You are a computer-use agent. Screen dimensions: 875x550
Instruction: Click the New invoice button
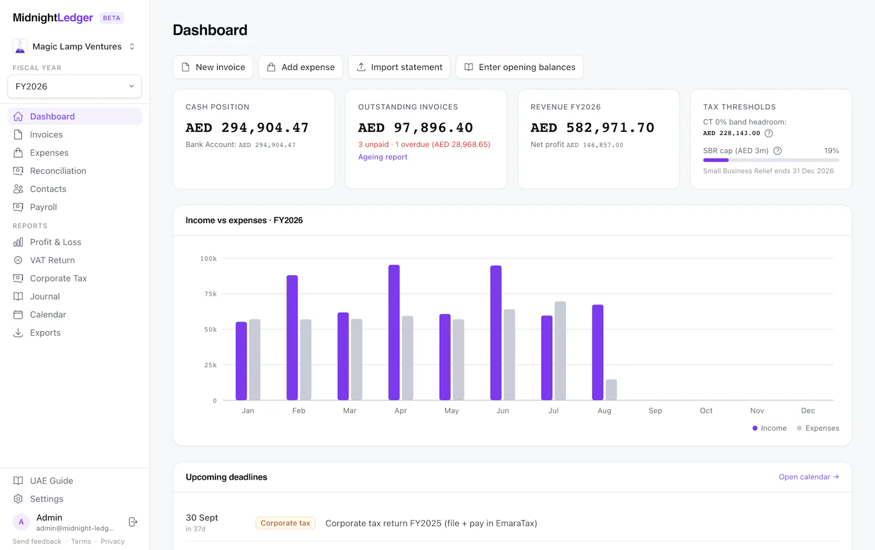click(x=213, y=67)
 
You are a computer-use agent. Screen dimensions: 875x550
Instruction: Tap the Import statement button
click(x=399, y=67)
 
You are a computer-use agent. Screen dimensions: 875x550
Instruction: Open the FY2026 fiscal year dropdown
click(x=74, y=86)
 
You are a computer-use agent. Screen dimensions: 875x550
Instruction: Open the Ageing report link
click(x=382, y=157)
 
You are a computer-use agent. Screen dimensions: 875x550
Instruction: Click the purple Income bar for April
click(x=394, y=332)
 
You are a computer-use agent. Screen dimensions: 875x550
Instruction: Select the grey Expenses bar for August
click(x=611, y=390)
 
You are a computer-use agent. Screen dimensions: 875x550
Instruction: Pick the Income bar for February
click(x=292, y=337)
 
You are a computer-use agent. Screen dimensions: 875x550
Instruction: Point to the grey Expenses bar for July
click(x=560, y=351)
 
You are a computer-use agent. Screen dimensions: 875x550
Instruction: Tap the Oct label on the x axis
click(x=706, y=411)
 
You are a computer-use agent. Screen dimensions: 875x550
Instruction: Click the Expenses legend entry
click(x=818, y=428)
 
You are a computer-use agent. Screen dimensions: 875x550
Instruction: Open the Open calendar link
click(x=809, y=477)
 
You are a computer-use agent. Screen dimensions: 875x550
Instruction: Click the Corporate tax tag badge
click(x=285, y=523)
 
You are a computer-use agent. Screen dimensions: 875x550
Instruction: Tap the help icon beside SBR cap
click(x=777, y=151)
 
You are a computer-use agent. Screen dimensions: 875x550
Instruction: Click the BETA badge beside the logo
click(x=112, y=18)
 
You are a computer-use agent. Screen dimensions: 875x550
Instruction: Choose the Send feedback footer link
click(x=37, y=541)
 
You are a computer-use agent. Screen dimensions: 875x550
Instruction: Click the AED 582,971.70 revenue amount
click(x=592, y=128)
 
